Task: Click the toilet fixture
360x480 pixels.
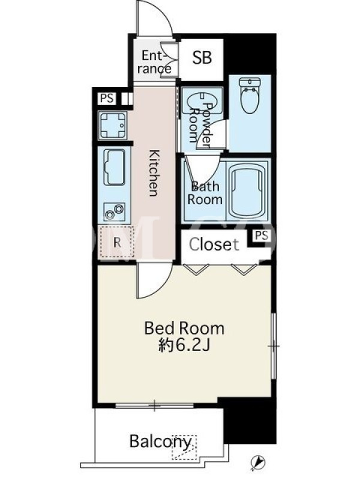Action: [x=250, y=95]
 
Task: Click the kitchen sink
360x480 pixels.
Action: [x=115, y=167]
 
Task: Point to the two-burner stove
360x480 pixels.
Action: [x=115, y=211]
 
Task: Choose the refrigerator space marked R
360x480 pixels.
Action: [x=117, y=242]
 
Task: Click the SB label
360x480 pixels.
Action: [x=202, y=57]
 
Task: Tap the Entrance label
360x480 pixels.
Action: [x=154, y=62]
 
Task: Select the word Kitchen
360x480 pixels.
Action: [x=154, y=173]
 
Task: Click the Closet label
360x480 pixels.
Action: [x=214, y=244]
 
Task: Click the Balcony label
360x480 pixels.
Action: [x=160, y=441]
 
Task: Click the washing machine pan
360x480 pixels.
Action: [x=112, y=125]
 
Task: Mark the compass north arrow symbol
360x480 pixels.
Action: [x=258, y=461]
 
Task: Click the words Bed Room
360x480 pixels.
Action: [x=184, y=328]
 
